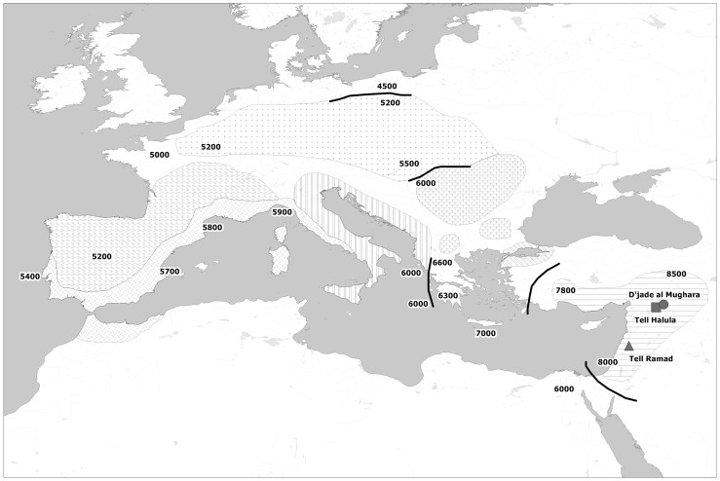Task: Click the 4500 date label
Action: [387, 87]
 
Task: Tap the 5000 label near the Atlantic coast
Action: [160, 155]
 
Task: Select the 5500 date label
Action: [410, 164]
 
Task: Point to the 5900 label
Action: [283, 212]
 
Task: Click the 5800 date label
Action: [211, 228]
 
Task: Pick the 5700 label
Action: [171, 271]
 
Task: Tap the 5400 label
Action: [30, 277]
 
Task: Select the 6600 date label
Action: [442, 263]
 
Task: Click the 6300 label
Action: [448, 296]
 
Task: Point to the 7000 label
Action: [485, 334]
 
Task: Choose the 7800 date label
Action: [565, 290]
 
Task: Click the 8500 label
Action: [676, 275]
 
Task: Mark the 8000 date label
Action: [608, 362]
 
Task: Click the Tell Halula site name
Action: [655, 319]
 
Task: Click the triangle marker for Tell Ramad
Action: [628, 346]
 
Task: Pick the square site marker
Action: [656, 307]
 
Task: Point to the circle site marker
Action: [664, 305]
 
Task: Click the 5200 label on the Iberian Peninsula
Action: [101, 256]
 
